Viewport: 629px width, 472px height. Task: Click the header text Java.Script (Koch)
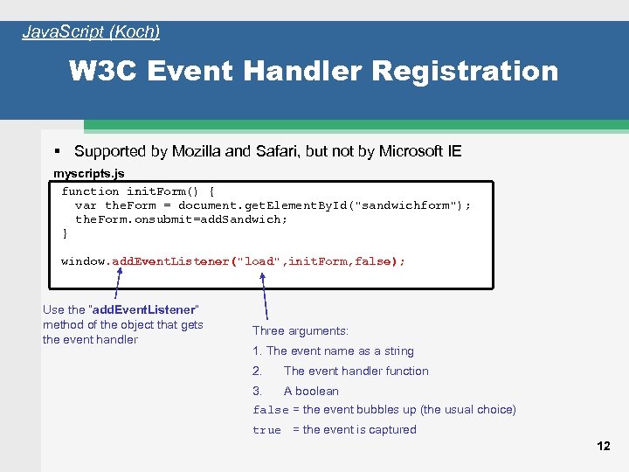coord(91,32)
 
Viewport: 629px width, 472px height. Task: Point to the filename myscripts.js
coord(89,173)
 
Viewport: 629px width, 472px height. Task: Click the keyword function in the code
coord(90,191)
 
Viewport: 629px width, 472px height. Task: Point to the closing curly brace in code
coord(65,233)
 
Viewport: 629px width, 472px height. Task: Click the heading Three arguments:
coord(301,330)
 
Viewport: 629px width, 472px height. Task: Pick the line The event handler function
coord(356,371)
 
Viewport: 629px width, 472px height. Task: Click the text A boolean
coord(311,391)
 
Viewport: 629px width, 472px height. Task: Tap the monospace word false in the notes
coord(270,410)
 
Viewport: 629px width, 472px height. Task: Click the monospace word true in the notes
coord(266,430)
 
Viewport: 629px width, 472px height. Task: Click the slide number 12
coord(603,446)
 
